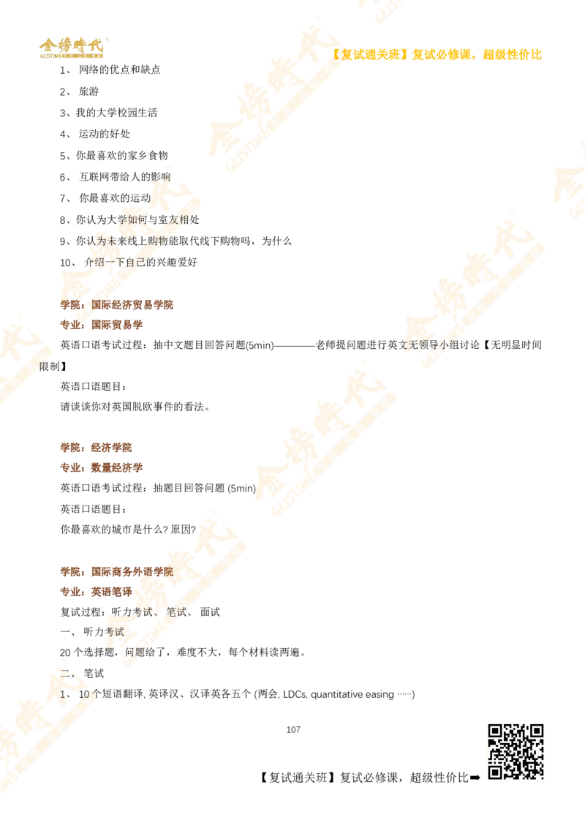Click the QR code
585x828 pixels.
pyautogui.click(x=517, y=751)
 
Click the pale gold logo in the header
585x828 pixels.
pyautogui.click(x=71, y=48)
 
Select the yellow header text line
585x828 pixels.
pyautogui.click(x=439, y=54)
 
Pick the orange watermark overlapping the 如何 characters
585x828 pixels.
pyautogui.click(x=124, y=234)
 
